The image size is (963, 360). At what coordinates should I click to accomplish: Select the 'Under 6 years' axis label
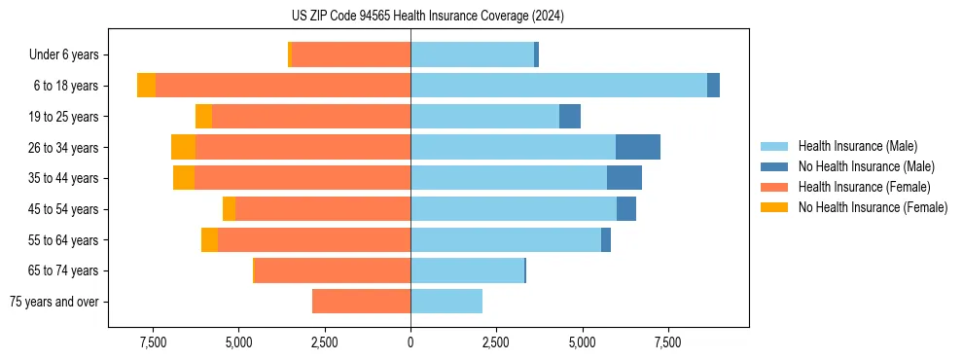tap(63, 55)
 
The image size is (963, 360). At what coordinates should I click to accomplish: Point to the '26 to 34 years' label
tap(63, 148)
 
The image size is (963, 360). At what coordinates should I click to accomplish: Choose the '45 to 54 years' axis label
tap(63, 209)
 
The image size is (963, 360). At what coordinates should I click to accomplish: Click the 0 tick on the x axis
tap(410, 342)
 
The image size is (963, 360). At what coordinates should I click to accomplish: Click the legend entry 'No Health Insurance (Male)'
tap(866, 166)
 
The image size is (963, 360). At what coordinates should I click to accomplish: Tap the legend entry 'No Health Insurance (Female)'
tap(873, 207)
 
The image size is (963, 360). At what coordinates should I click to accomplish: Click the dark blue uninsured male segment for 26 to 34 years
tap(638, 147)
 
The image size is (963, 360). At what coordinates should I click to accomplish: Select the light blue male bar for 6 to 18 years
tap(558, 86)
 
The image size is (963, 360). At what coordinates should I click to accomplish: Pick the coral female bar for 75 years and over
tap(361, 302)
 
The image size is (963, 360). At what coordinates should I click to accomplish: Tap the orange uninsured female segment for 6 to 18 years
tap(146, 86)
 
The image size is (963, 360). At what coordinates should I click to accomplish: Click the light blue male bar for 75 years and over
tap(446, 302)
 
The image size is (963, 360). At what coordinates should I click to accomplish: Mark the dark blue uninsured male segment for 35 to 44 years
tap(624, 178)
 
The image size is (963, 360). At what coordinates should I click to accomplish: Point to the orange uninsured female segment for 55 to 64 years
tap(209, 239)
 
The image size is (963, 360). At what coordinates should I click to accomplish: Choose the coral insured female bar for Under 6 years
tap(351, 54)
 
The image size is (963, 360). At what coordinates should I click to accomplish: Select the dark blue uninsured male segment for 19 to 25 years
tap(570, 117)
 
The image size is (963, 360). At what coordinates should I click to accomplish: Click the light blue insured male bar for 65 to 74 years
tap(467, 270)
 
